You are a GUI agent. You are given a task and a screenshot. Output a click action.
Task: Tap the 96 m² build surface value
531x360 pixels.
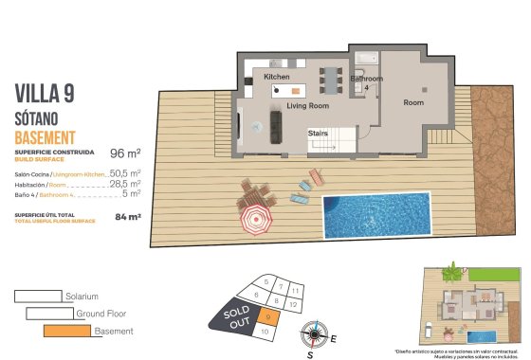click(x=125, y=153)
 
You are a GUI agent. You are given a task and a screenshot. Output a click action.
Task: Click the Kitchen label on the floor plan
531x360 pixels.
click(x=277, y=76)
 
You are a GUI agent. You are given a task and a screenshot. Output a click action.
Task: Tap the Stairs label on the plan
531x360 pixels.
click(x=318, y=135)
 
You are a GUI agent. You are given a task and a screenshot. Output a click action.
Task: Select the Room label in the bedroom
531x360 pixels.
click(x=413, y=102)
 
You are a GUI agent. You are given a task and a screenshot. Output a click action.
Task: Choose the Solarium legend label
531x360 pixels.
click(x=81, y=297)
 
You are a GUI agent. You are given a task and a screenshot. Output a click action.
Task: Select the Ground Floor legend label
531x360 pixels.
click(x=102, y=314)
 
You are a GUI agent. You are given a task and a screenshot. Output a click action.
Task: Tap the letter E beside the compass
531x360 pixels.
click(x=332, y=337)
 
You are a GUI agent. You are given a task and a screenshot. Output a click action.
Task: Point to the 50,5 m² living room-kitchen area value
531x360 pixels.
click(x=125, y=174)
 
